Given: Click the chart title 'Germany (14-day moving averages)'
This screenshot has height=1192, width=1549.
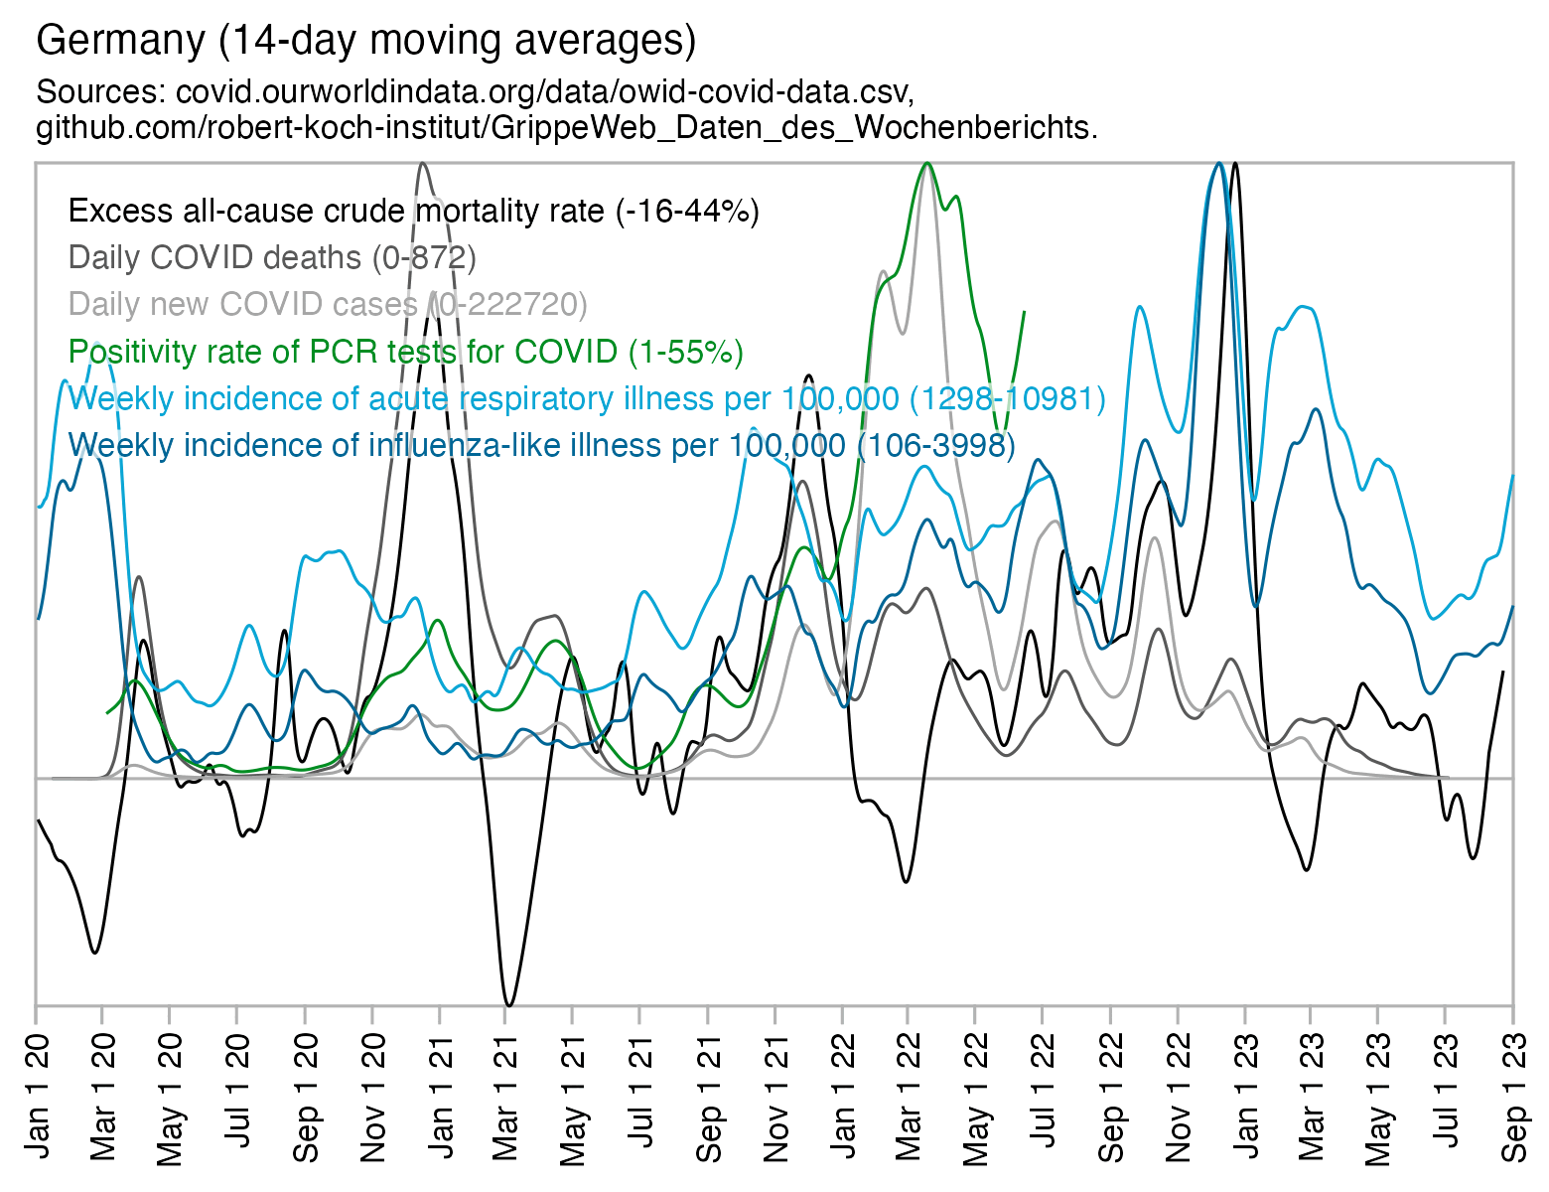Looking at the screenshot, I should pyautogui.click(x=365, y=41).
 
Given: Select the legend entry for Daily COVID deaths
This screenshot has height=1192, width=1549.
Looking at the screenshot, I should pyautogui.click(x=272, y=258).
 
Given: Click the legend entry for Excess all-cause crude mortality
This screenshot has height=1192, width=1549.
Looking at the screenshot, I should pyautogui.click(x=413, y=212).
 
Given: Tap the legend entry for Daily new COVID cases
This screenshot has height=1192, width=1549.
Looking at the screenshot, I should pyautogui.click(x=328, y=304).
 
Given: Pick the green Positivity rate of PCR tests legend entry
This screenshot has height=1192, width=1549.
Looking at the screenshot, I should pyautogui.click(x=405, y=352).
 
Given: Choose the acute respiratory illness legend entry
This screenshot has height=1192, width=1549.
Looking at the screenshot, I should pyautogui.click(x=586, y=398).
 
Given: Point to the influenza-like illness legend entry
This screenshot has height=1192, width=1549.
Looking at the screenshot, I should pyautogui.click(x=541, y=445).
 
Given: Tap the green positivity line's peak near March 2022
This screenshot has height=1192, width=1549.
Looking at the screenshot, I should pyautogui.click(x=927, y=164).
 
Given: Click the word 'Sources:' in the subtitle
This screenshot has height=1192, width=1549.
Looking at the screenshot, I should pyautogui.click(x=100, y=92).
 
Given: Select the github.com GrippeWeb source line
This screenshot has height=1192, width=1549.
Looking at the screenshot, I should pyautogui.click(x=566, y=128).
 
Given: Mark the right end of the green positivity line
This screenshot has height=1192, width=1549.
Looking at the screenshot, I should pyautogui.click(x=1024, y=312).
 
